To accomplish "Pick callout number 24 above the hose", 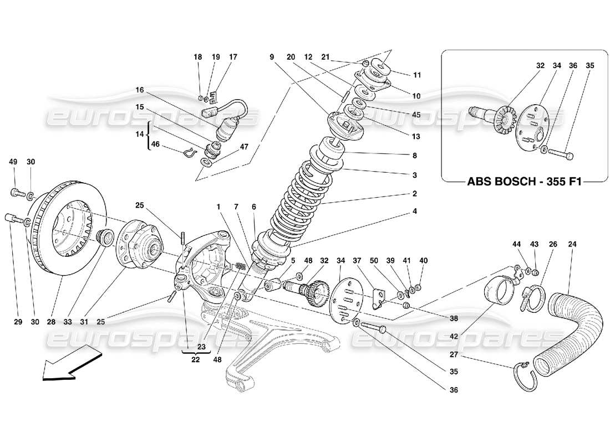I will click(x=572, y=244).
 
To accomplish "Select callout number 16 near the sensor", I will click(x=139, y=90).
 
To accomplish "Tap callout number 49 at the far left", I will click(x=13, y=162).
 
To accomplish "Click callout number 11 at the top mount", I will click(x=417, y=75).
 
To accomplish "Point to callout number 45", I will click(x=416, y=115).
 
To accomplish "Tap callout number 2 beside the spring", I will click(x=414, y=194).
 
